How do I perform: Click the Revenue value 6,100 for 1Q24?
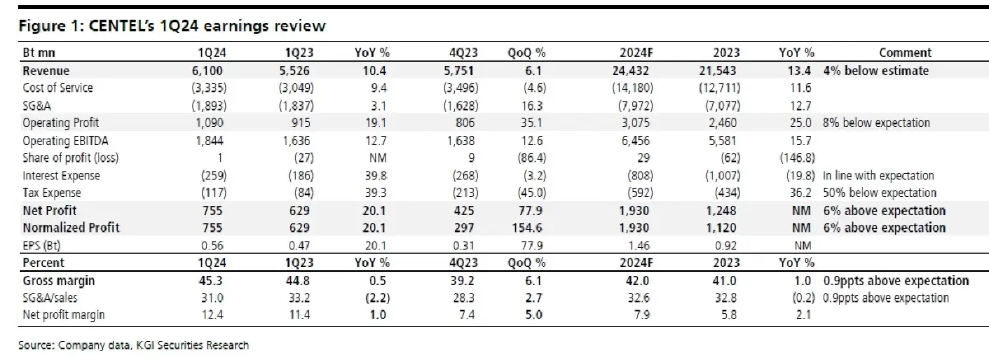(x=207, y=71)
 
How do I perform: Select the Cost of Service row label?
(x=58, y=88)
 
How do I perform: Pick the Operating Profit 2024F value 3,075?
(x=635, y=123)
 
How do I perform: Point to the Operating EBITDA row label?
(x=65, y=141)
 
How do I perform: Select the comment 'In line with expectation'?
(x=879, y=175)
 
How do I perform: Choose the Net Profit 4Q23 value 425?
(x=463, y=210)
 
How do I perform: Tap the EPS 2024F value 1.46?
(x=639, y=245)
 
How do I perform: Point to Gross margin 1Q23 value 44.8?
(x=299, y=281)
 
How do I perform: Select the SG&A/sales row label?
(x=50, y=297)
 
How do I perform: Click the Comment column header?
(x=905, y=53)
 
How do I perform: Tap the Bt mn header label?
(x=39, y=53)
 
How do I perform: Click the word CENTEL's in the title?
(x=121, y=26)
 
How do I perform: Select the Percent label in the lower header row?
(x=43, y=263)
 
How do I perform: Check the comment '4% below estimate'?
(x=876, y=71)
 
